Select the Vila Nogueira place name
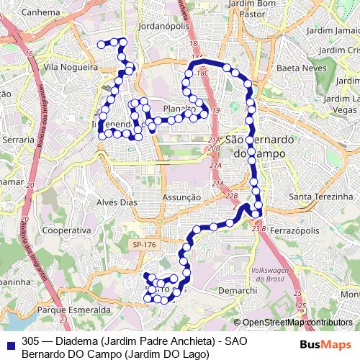pyautogui.click(x=71, y=66)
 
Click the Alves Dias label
pyautogui.click(x=117, y=202)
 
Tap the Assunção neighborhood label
pyautogui.click(x=181, y=197)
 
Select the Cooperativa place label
pyautogui.click(x=66, y=230)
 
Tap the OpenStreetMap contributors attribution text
pyautogui.click(x=297, y=323)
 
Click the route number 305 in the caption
pyautogui.click(x=30, y=340)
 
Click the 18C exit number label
pyautogui.click(x=202, y=73)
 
